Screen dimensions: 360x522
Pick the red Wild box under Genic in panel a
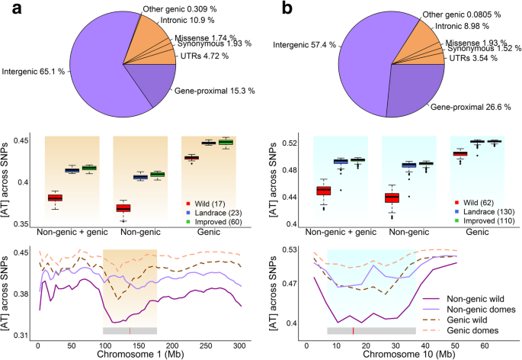[191, 158]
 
